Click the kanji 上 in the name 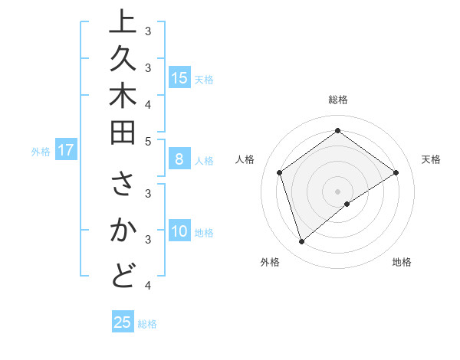click(123, 23)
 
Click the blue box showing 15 click(179, 77)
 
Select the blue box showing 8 click(179, 159)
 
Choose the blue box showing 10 click(179, 231)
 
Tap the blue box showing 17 click(66, 150)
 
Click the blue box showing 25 click(123, 322)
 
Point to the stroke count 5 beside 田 click(148, 141)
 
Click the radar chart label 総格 click(337, 100)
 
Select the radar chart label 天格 click(431, 159)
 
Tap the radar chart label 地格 click(402, 262)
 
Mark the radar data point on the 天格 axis click(396, 172)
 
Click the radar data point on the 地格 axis click(347, 204)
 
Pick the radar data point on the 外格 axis click(301, 242)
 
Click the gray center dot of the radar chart click(337, 191)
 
